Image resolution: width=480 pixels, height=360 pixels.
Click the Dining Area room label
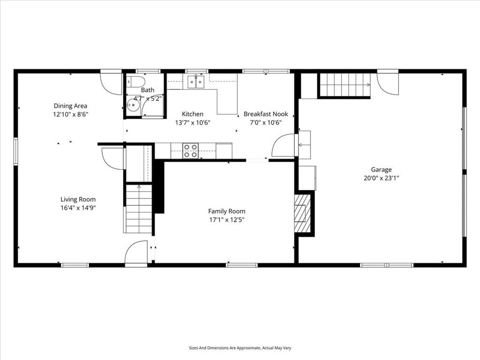(70, 106)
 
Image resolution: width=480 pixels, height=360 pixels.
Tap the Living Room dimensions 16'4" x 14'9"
(78, 208)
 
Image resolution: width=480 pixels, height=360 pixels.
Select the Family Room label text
(226, 211)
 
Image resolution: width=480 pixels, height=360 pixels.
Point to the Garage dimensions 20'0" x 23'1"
(382, 178)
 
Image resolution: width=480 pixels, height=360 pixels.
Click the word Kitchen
(193, 114)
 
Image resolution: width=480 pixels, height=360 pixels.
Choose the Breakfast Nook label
(266, 114)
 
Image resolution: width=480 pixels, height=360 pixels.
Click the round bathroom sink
(133, 105)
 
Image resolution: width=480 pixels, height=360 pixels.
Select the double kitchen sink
(196, 82)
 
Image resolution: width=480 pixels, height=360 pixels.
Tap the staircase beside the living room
(139, 209)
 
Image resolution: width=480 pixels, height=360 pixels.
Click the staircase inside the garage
(345, 85)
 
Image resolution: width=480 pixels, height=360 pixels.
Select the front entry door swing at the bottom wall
(136, 252)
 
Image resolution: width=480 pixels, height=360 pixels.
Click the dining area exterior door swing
(112, 83)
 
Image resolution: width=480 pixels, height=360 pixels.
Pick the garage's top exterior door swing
(388, 84)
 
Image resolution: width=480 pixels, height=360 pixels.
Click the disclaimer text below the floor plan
(240, 348)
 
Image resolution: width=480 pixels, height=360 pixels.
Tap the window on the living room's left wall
(15, 151)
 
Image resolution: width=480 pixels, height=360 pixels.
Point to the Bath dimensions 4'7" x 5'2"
(147, 98)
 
